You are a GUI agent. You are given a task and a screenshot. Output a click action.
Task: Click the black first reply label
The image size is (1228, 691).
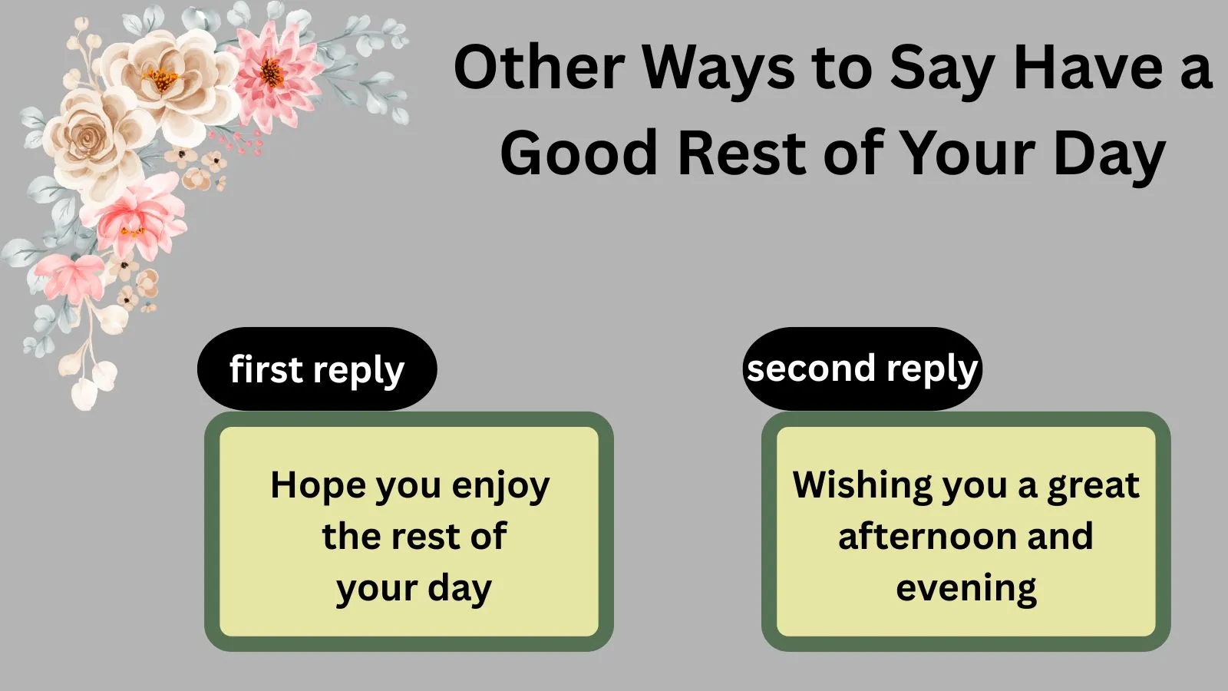point(317,369)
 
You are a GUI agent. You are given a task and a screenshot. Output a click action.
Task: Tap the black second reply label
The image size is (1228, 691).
point(862,369)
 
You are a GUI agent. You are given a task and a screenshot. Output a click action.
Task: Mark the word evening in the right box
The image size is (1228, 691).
point(966,589)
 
